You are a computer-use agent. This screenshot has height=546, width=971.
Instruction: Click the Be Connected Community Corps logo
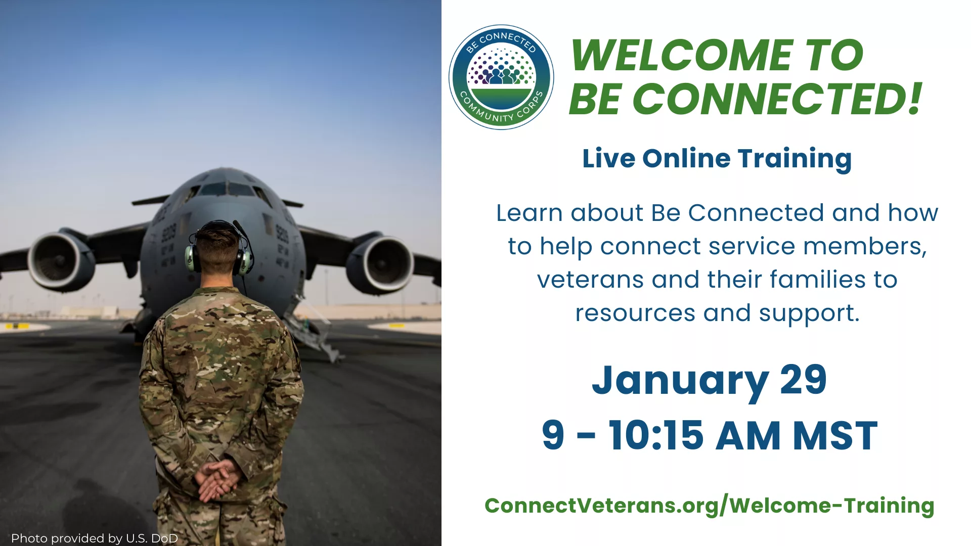[501, 77]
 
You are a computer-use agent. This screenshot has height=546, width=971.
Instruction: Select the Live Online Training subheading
[717, 159]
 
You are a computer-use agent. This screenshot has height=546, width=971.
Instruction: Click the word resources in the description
[635, 313]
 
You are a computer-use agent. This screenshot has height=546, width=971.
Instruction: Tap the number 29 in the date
[804, 380]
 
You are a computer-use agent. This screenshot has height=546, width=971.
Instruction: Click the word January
[681, 382]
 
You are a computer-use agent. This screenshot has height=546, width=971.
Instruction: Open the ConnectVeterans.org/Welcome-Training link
[710, 506]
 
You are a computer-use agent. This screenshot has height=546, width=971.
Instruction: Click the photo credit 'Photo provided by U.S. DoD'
[95, 538]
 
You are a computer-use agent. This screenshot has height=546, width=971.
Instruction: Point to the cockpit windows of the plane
[227, 190]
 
